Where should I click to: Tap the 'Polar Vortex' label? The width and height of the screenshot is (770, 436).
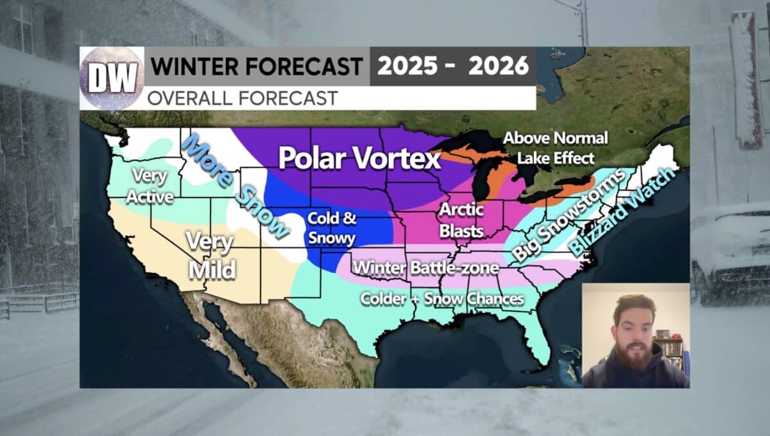coord(359,158)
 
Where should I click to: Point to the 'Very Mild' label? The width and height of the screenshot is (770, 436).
coord(210,256)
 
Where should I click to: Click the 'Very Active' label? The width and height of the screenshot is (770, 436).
coord(150,186)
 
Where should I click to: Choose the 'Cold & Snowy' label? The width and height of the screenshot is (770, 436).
coord(331,228)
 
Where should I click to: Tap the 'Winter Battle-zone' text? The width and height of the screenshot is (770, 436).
coord(426,267)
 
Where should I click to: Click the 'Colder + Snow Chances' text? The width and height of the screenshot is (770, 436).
coord(442,299)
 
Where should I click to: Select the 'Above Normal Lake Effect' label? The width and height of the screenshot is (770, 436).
coord(554,147)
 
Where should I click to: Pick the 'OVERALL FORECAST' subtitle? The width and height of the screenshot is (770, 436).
coord(243,98)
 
